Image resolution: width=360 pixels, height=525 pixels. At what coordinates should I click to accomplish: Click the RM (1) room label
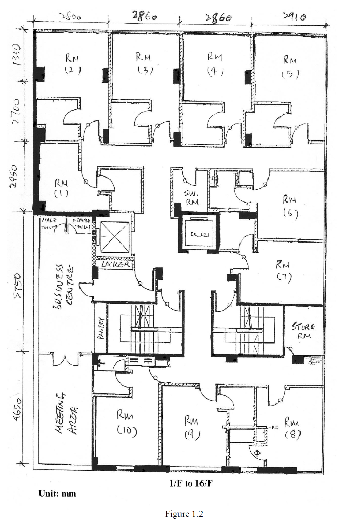(x=61, y=188)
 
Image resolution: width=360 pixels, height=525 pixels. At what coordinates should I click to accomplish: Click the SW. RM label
(x=191, y=197)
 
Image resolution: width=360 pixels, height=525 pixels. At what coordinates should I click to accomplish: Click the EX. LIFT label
(x=198, y=234)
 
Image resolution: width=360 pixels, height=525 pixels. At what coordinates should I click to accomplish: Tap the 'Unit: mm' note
(x=57, y=494)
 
